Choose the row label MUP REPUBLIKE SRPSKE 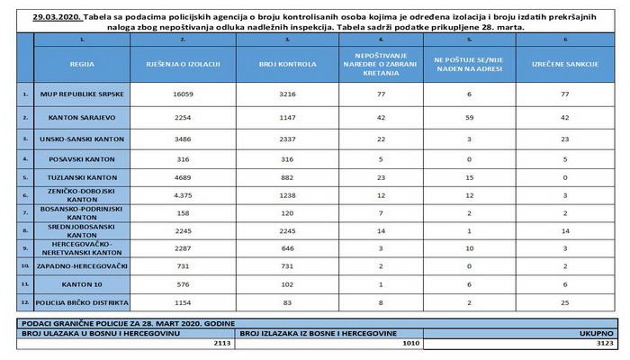pos(84,93)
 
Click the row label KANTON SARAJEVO pos(84,117)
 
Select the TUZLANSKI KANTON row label pos(84,179)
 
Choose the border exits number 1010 pos(409,344)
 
